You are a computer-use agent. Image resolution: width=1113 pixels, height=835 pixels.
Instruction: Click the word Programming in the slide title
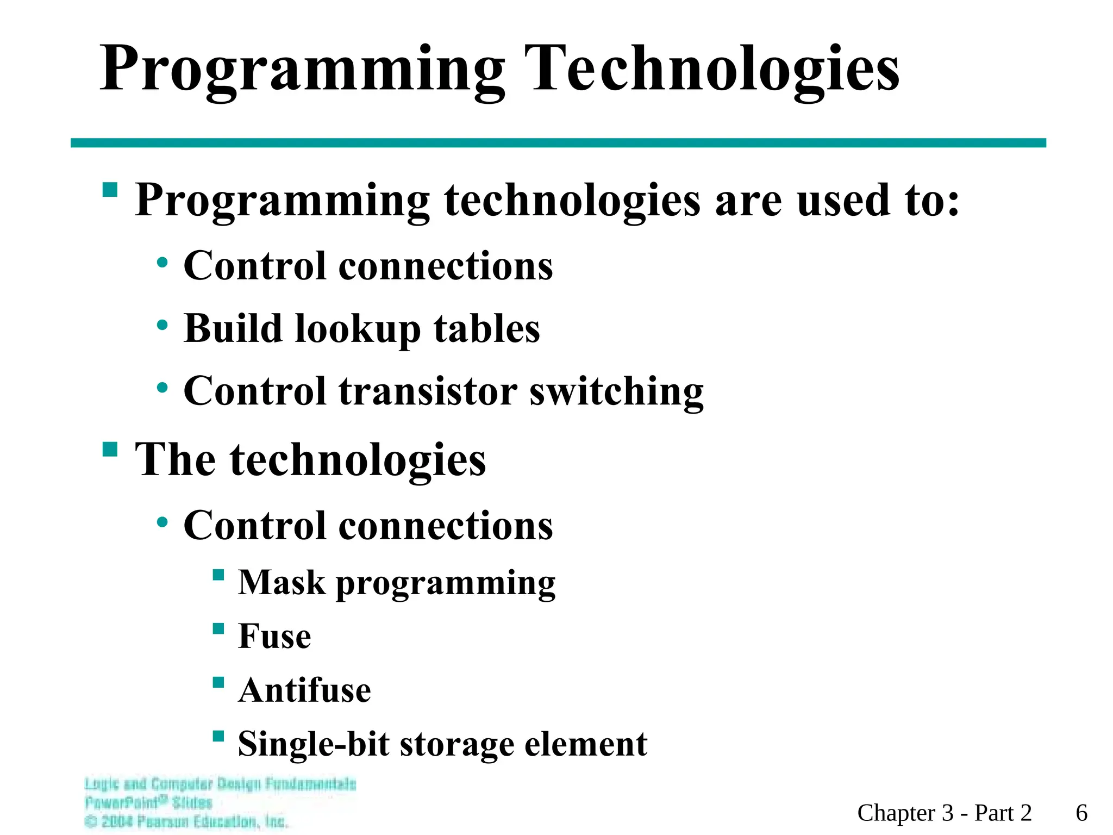302,71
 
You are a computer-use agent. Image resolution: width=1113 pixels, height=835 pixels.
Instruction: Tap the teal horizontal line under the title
558,143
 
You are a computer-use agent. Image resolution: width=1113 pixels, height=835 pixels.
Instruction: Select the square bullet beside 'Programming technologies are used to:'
110,190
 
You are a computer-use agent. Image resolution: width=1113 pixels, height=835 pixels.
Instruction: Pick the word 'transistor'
428,391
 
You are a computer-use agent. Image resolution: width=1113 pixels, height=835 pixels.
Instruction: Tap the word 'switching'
616,392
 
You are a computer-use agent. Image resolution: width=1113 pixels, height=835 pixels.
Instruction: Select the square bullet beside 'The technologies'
110,450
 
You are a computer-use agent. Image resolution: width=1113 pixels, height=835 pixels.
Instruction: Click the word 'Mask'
282,583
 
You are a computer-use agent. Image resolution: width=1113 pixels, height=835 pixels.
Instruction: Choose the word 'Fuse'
274,636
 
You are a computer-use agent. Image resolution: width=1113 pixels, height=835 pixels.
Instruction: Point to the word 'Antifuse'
304,690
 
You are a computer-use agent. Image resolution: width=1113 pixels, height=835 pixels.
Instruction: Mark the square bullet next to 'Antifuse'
218,682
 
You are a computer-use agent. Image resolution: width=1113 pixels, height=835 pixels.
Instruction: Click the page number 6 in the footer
1081,813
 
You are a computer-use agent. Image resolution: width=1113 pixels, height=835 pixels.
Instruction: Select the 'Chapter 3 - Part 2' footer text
945,813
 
